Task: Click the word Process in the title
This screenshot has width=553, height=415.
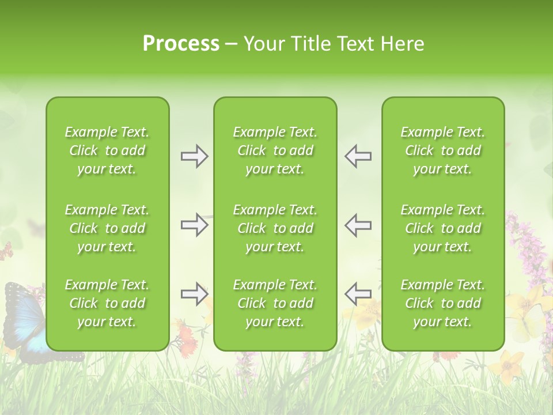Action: (x=181, y=44)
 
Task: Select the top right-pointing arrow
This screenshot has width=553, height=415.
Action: (x=194, y=156)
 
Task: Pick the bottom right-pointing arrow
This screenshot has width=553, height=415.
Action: (x=194, y=294)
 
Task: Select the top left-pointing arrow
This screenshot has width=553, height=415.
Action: (x=358, y=156)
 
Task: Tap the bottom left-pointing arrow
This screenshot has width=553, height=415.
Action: (x=358, y=294)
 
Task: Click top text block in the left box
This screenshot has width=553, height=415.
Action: (x=107, y=150)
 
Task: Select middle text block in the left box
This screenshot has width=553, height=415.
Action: (x=107, y=228)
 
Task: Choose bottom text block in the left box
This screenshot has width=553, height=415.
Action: (x=107, y=303)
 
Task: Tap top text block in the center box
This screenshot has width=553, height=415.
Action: (x=275, y=150)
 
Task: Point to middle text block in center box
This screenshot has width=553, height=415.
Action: (x=275, y=228)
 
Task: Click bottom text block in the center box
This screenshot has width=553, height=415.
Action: (x=275, y=303)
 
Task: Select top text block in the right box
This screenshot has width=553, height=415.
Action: (x=443, y=150)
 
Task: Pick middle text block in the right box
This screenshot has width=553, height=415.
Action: (x=443, y=228)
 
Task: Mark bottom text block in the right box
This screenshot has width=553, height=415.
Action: (x=443, y=303)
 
